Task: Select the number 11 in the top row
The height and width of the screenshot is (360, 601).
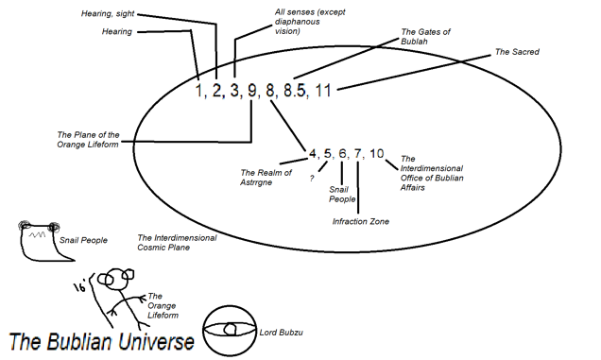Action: pyautogui.click(x=324, y=92)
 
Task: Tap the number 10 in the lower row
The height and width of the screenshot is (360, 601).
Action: pyautogui.click(x=378, y=154)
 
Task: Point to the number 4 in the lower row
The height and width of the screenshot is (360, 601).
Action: pyautogui.click(x=313, y=154)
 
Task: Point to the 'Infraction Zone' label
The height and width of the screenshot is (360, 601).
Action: pyautogui.click(x=360, y=222)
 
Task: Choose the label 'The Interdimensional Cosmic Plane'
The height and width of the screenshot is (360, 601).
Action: pyautogui.click(x=177, y=243)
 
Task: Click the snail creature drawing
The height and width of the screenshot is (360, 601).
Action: pyautogui.click(x=37, y=242)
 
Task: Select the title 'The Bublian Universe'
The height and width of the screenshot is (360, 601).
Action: pyautogui.click(x=102, y=341)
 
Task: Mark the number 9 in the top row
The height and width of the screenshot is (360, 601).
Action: pyautogui.click(x=252, y=92)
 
